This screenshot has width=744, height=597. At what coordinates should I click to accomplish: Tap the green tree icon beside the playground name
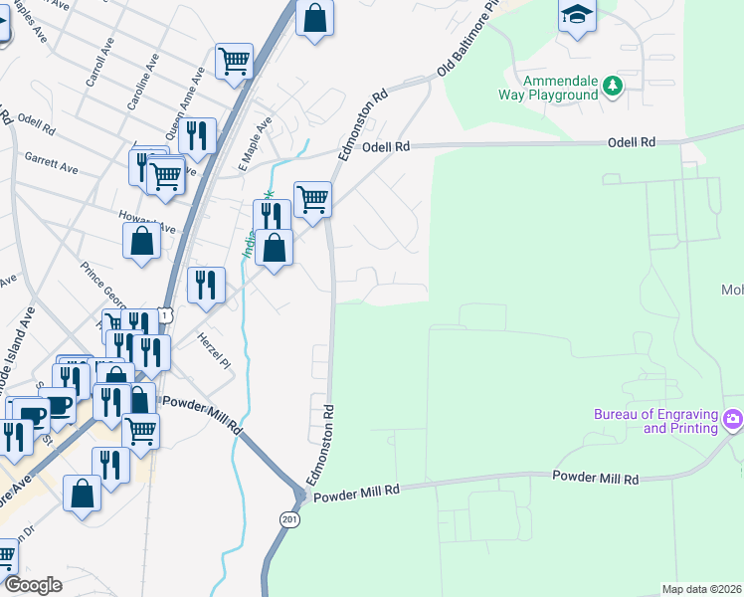614,88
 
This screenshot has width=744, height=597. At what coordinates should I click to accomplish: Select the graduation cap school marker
577,17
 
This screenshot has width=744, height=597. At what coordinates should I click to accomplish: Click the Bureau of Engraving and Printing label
655,421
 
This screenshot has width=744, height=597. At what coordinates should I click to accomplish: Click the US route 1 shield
168,315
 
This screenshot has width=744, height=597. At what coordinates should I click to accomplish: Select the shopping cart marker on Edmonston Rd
312,199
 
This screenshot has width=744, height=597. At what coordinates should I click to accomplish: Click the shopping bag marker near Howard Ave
142,241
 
